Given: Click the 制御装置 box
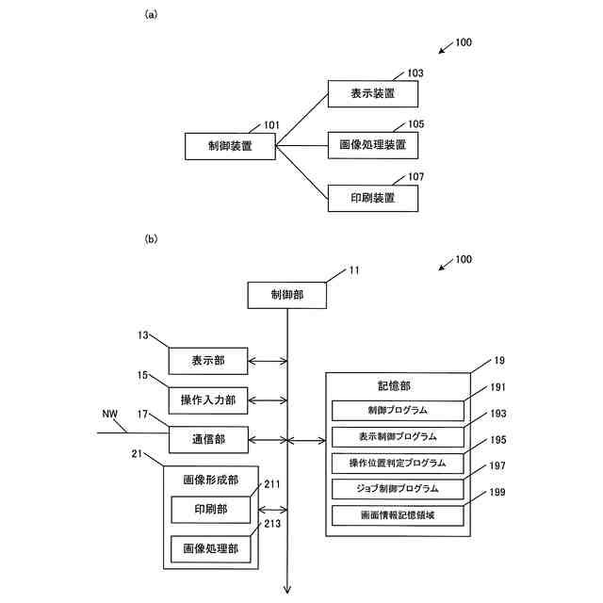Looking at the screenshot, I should point(230,146).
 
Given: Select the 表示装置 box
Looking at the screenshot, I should point(372,93).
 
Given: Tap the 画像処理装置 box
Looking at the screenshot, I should point(372,146).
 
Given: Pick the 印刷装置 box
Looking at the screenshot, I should point(372,198).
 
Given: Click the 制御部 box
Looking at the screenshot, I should point(287,296).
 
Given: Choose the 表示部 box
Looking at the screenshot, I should point(209,360).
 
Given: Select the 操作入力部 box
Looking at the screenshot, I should point(209,400).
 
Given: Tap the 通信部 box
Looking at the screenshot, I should point(209,439).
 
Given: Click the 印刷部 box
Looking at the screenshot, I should point(211,510).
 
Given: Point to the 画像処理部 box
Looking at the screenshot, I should point(211,548).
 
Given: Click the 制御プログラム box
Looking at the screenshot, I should point(398,411).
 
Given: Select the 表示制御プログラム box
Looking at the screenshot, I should point(398,437).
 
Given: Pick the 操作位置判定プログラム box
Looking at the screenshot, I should point(398,464).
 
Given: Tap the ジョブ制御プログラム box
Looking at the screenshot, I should point(398,489).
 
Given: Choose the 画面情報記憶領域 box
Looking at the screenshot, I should point(398,515).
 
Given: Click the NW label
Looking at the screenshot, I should point(109,414).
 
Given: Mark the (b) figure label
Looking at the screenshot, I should point(150,240).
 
